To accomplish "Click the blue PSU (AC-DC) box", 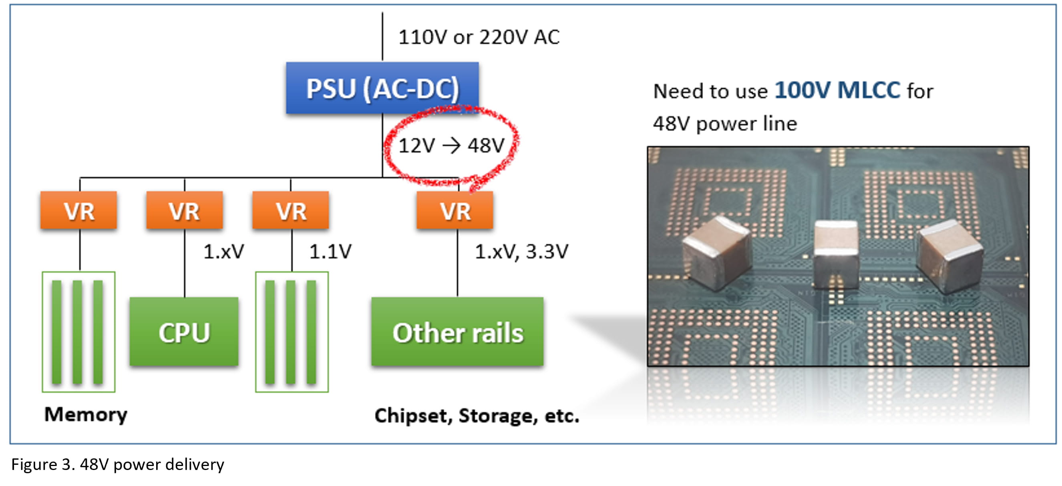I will click(382, 88).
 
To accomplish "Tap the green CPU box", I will click(184, 332).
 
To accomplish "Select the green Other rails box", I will click(457, 332).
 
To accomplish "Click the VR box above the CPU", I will click(184, 210).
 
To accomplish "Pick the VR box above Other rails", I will click(455, 210).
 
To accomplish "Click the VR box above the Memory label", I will click(78, 210).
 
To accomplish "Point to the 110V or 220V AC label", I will click(478, 37).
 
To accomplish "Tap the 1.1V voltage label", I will click(330, 251).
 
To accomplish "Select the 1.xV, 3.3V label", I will click(521, 251).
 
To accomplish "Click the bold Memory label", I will click(86, 414).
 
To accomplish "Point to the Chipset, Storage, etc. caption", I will click(477, 416).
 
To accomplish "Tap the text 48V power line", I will click(725, 124).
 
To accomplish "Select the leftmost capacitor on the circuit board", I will click(716, 253).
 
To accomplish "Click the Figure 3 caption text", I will click(117, 464).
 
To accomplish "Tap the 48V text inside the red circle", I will click(486, 145).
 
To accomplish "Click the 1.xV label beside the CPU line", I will click(223, 251).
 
